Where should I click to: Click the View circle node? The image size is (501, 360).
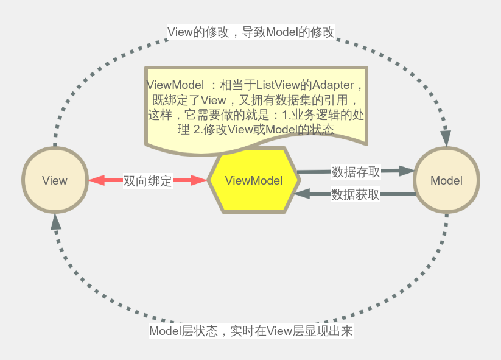click(55, 180)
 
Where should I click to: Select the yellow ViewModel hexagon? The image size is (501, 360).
click(254, 180)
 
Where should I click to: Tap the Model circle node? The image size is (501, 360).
click(446, 180)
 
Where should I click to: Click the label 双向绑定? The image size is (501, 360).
click(148, 180)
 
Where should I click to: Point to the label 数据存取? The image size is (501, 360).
click(356, 172)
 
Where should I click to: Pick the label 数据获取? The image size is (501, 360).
click(356, 194)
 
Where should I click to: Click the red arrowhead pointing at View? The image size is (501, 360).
click(97, 180)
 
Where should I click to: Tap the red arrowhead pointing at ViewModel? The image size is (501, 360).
click(199, 180)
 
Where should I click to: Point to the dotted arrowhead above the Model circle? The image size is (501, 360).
click(446, 138)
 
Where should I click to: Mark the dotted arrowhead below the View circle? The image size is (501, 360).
click(56, 221)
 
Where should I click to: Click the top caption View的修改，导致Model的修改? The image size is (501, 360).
click(251, 32)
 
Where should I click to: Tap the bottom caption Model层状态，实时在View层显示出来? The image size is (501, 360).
click(251, 331)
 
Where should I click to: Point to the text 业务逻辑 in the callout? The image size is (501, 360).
click(317, 115)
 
